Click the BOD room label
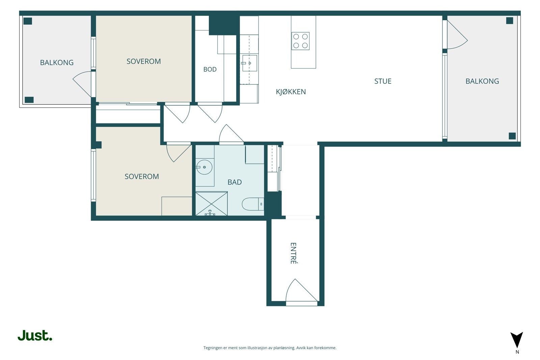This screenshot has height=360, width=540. (210, 70)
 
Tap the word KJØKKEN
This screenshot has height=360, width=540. (291, 92)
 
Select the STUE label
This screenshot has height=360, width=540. (383, 81)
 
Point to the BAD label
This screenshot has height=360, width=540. (235, 182)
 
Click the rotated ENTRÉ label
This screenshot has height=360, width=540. (293, 253)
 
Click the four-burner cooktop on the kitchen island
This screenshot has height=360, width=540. (300, 41)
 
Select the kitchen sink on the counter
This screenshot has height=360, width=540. (249, 63)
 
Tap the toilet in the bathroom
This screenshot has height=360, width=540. (253, 204)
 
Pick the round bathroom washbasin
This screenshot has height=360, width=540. (204, 167)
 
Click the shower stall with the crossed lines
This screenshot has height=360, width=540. (211, 203)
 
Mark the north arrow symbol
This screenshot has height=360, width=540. (517, 340)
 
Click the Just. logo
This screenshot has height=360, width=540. (35, 335)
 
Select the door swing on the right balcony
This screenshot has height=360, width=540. (457, 34)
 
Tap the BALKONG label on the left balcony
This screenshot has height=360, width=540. (57, 63)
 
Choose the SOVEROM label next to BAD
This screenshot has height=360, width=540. (142, 177)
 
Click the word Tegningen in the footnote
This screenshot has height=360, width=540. (213, 348)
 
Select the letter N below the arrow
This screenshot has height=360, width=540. (517, 352)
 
